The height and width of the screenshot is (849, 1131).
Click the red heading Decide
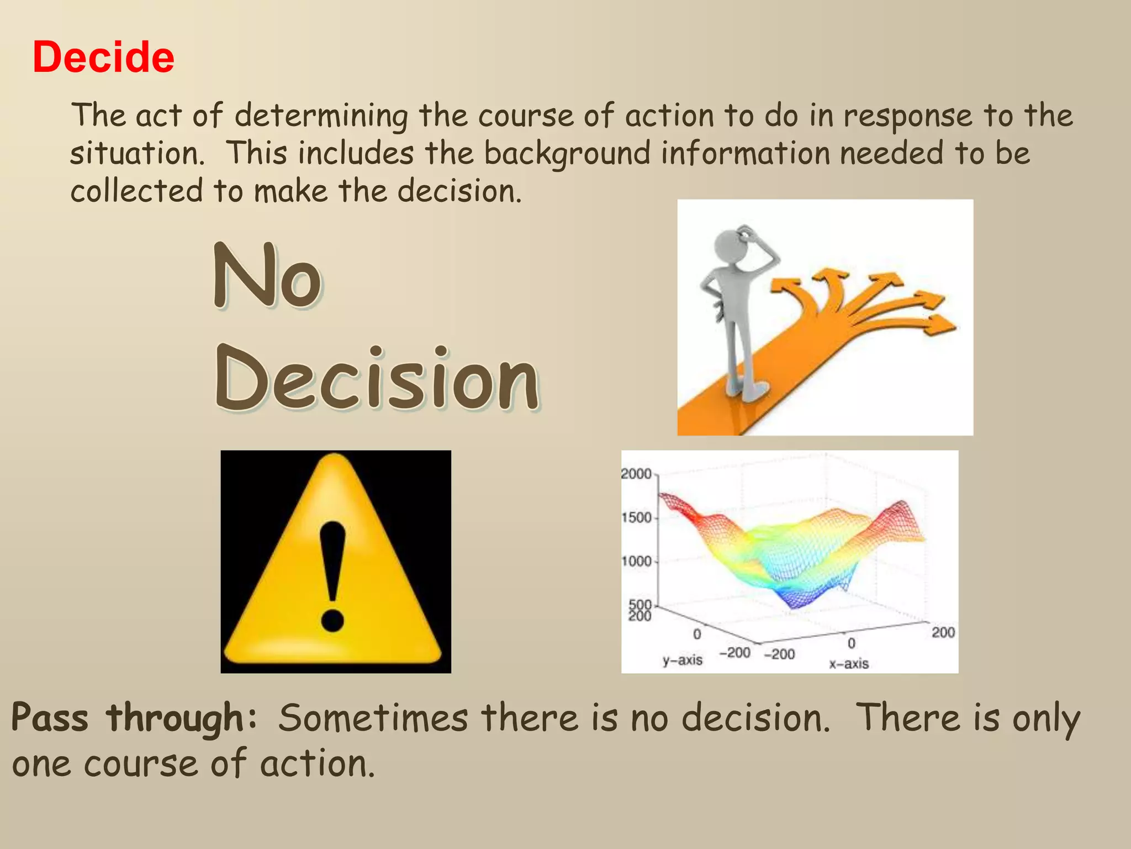[103, 57]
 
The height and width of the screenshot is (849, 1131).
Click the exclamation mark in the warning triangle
[332, 575]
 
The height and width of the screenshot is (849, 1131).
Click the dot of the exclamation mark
[332, 620]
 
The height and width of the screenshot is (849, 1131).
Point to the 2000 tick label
[636, 474]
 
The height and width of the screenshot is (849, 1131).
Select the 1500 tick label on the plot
[637, 518]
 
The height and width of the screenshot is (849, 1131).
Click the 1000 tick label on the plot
[637, 562]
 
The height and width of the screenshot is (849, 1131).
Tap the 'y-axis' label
[683, 660]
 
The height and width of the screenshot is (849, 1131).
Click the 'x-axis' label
[849, 664]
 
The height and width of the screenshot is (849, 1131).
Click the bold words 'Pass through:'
[134, 718]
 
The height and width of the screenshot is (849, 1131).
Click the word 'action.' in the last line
[318, 764]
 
